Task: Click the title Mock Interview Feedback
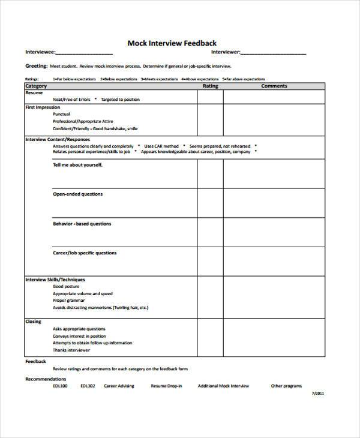tap(172, 43)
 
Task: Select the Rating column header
tap(210, 86)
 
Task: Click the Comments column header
tap(274, 86)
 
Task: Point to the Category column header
tap(36, 86)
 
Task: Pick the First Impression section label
tap(43, 107)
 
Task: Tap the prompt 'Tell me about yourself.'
tap(78, 164)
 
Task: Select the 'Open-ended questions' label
tap(78, 194)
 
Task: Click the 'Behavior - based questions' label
tap(82, 224)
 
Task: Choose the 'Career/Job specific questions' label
tap(85, 253)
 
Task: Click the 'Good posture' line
tap(66, 287)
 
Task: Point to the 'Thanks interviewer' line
tap(71, 350)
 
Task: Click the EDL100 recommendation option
tap(60, 386)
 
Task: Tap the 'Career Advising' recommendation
tap(119, 386)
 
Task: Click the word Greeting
tap(35, 66)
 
